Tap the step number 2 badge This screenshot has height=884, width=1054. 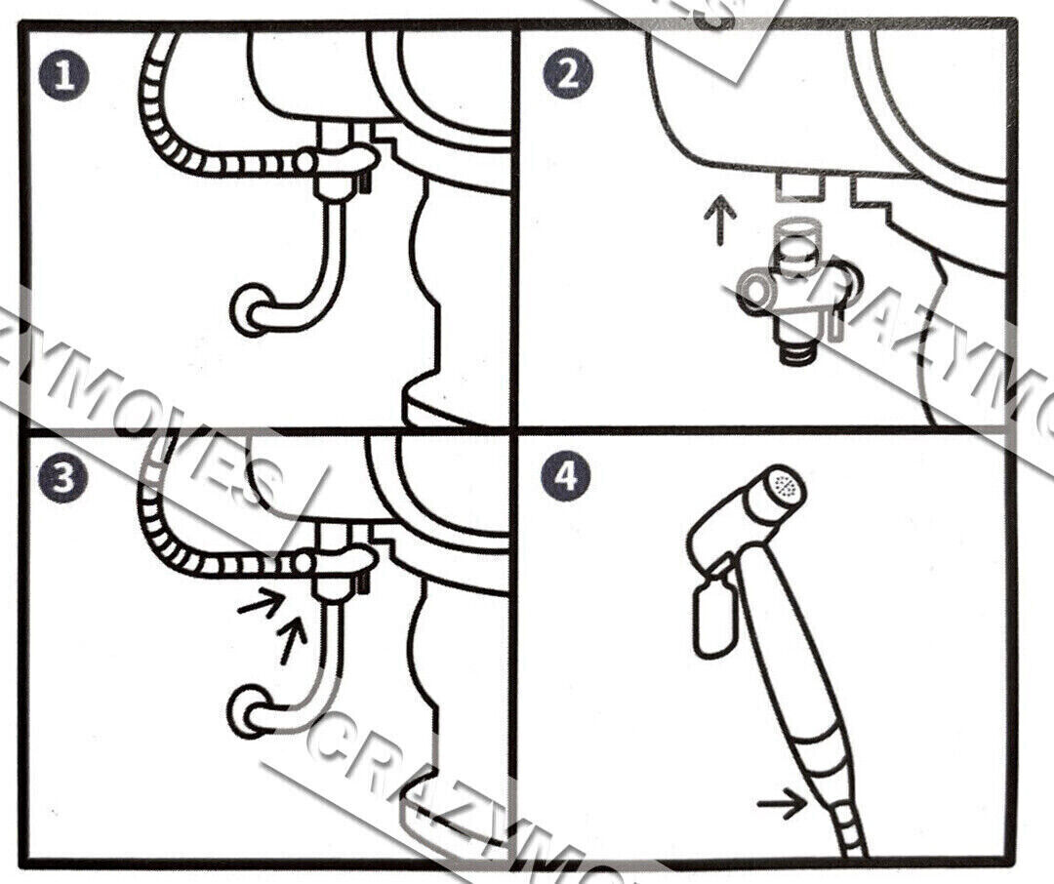tap(567, 76)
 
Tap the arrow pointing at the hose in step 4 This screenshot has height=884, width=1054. tap(783, 804)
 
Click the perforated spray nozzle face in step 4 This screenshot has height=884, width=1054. tap(784, 483)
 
